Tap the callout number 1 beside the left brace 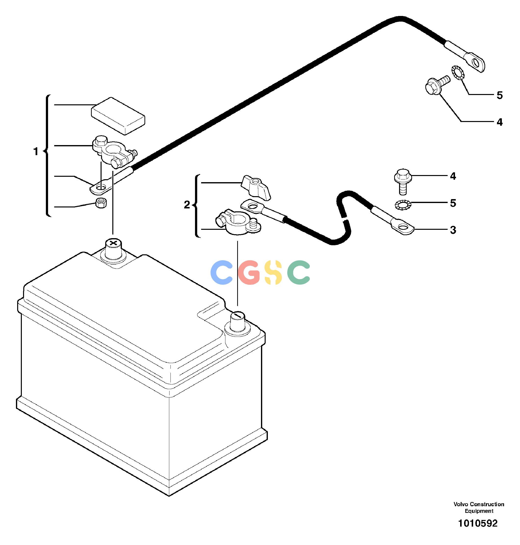tap(36, 152)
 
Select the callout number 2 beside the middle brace tap(187, 205)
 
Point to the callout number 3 tap(453, 230)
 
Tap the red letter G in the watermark tap(249, 272)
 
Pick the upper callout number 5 tap(499, 95)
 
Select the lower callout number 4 tap(453, 176)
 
